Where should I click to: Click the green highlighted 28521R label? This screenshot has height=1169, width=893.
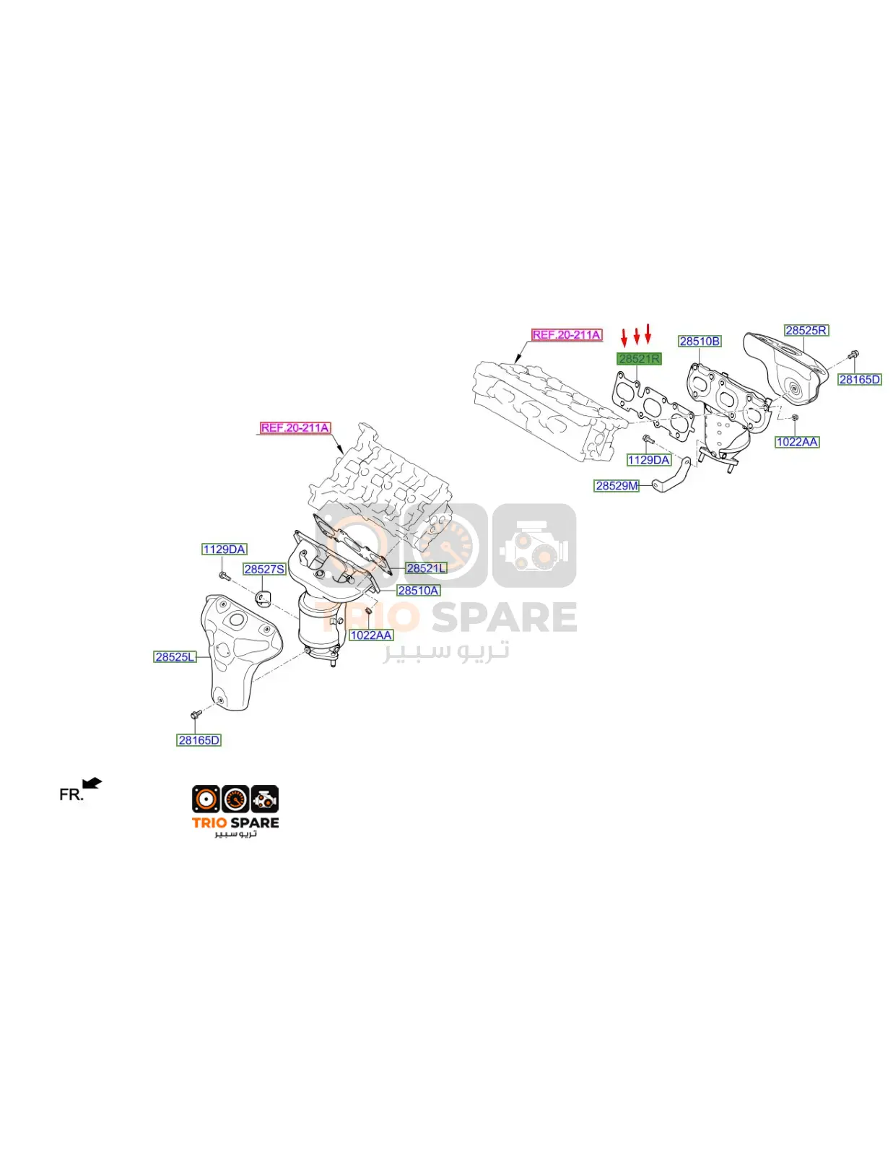coord(638,358)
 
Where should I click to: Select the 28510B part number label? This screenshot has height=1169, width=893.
coord(700,341)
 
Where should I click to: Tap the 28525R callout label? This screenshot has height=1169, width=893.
coord(806,330)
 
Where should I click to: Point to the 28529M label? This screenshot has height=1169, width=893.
coord(616,486)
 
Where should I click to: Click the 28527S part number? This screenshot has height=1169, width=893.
coord(264,569)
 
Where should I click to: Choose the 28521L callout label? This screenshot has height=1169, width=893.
coord(426,568)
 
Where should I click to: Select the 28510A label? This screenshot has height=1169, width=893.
coord(418,591)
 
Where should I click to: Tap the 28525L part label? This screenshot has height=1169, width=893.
coord(175,657)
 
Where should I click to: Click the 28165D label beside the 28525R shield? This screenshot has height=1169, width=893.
coord(860,380)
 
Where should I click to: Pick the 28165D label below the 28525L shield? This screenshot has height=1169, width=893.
coord(199,740)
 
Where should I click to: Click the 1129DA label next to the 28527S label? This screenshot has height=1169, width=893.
coord(225,549)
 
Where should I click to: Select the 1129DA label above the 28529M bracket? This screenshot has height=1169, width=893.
coord(648,460)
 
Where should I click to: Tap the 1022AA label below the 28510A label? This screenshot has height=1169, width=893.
coord(371,635)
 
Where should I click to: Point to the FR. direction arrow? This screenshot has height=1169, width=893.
coord(92,783)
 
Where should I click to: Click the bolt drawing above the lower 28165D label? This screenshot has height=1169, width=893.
coord(194,716)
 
